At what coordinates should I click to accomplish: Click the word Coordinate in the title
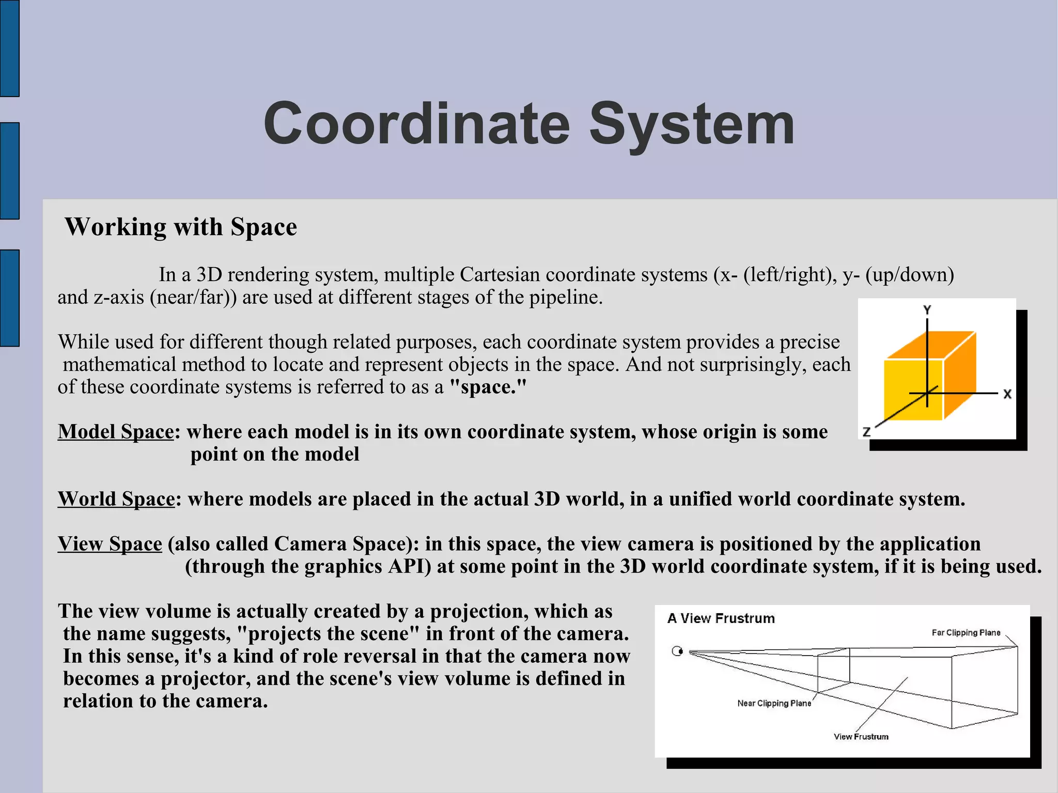416,124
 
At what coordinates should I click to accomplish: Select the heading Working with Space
181,227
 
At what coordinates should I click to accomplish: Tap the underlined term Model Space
116,431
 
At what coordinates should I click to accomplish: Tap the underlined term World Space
116,499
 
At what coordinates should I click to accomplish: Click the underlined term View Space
110,544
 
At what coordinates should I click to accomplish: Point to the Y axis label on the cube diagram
927,310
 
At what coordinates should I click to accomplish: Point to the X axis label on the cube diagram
1007,394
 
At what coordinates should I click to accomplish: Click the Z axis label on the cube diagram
867,431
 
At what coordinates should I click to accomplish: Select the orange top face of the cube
930,345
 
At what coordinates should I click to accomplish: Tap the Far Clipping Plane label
966,632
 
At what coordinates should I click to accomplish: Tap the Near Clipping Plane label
774,703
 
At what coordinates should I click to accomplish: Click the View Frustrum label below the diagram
861,737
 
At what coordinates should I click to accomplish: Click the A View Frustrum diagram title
721,618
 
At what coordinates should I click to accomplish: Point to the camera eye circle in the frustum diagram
677,651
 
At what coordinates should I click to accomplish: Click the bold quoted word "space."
488,387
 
